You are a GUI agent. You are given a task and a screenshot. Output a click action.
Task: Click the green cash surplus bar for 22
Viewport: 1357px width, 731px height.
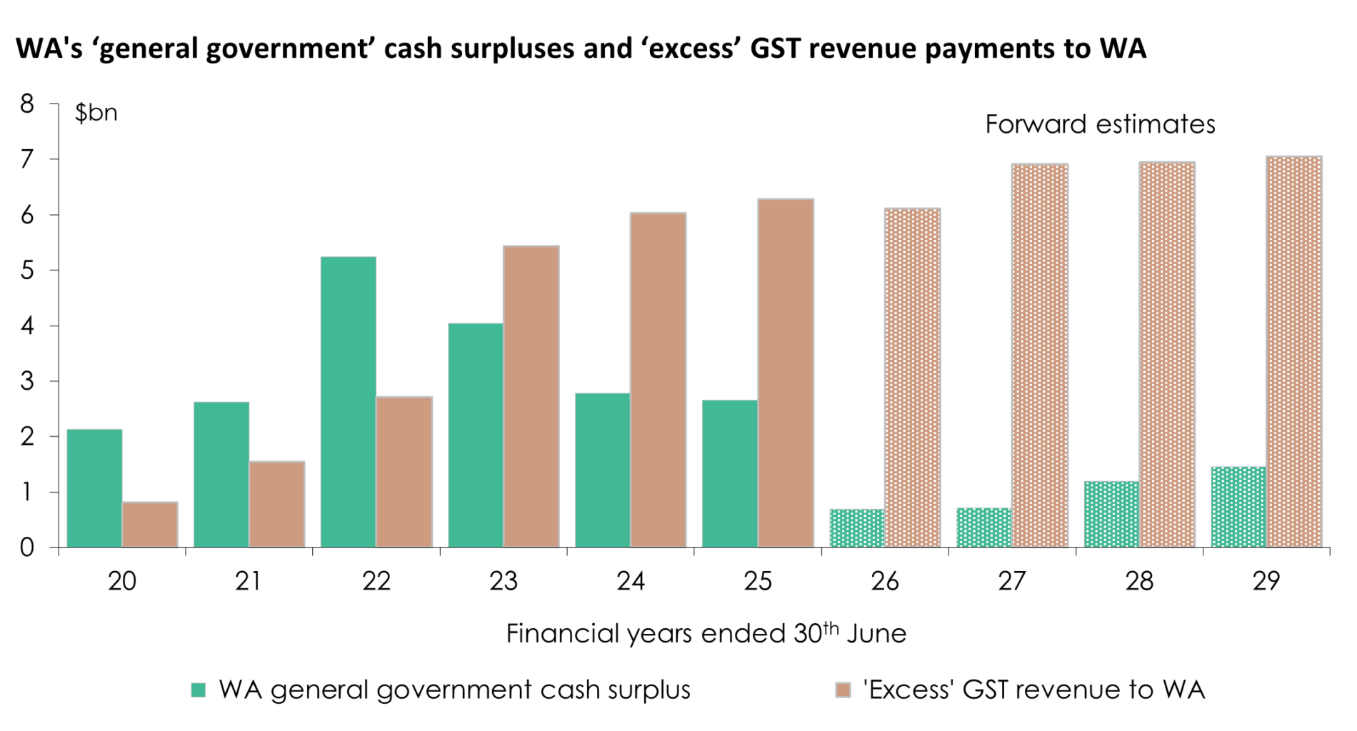(349, 402)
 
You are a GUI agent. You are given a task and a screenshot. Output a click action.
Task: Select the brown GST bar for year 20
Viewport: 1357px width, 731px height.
(150, 525)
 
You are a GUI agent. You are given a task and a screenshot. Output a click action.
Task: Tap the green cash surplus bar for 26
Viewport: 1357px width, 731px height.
(857, 528)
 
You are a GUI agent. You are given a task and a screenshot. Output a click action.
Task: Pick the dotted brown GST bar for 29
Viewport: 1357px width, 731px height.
(1294, 352)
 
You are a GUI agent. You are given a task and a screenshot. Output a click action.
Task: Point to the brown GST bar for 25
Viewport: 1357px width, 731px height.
(786, 373)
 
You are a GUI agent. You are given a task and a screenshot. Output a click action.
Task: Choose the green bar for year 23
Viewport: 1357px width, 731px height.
(476, 435)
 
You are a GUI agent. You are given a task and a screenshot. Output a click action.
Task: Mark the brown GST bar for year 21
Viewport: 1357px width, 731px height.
(277, 505)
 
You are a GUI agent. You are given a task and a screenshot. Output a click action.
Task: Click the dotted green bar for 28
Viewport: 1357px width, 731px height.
(1111, 515)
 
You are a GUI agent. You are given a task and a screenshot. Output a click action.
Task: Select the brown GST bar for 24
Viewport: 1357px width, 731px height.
(659, 380)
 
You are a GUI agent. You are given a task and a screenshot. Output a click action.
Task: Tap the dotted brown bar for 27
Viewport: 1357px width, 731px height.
(1040, 356)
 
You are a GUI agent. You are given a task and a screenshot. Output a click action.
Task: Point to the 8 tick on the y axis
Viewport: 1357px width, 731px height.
(27, 104)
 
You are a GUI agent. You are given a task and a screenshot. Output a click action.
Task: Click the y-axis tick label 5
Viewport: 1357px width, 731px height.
(27, 271)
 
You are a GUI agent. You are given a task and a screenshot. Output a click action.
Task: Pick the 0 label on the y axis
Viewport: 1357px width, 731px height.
(27, 548)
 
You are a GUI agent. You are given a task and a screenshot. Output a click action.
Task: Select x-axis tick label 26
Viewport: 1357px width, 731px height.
(885, 582)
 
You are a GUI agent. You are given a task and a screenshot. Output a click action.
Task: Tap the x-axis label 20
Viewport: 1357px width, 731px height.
(122, 582)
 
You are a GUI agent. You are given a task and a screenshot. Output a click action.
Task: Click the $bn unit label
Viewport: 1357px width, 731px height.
(96, 113)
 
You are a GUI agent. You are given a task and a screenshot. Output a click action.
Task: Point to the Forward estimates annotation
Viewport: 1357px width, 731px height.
(1100, 125)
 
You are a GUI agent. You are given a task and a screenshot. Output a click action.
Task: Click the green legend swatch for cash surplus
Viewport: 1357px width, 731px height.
(199, 690)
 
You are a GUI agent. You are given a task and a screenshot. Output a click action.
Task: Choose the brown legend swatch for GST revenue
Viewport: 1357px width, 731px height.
(843, 690)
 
